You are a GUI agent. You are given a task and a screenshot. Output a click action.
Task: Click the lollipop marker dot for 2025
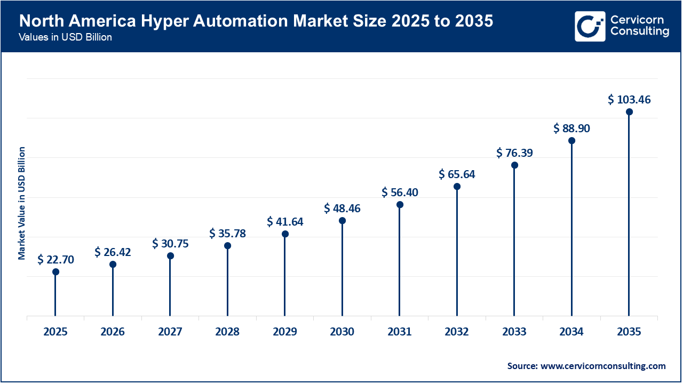pos(55,272)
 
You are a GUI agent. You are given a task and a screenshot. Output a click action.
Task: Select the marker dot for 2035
pos(629,112)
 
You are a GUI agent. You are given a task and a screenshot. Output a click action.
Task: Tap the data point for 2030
pos(342,221)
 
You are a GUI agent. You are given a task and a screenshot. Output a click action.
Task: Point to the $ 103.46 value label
pos(629,100)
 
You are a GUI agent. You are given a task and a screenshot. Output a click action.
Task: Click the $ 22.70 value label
pos(55,260)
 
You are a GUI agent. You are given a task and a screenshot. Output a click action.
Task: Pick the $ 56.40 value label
pos(400,193)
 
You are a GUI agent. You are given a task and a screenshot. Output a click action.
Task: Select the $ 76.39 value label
pos(514,153)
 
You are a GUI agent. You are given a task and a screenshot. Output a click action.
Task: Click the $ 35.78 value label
pos(227,234)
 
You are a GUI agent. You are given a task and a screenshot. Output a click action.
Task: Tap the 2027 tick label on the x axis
pos(170,332)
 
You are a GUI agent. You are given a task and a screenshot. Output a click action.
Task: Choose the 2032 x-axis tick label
pos(457,332)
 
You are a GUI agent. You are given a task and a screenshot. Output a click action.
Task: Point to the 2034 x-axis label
pos(571,332)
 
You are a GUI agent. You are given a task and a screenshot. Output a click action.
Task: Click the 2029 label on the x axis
pos(285,332)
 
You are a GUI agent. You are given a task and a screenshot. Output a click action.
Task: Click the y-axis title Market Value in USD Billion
pos(22,203)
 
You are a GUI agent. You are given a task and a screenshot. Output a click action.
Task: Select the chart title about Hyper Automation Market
pos(256,21)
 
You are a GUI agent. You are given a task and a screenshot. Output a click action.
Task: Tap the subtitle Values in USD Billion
pos(66,38)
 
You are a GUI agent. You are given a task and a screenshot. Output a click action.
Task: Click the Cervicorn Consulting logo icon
pos(590,26)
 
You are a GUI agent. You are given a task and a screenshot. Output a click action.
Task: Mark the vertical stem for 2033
pos(514,240)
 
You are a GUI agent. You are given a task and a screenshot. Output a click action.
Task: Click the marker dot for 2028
pos(227,246)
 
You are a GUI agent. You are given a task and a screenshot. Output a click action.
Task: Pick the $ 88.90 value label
pos(571,129)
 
